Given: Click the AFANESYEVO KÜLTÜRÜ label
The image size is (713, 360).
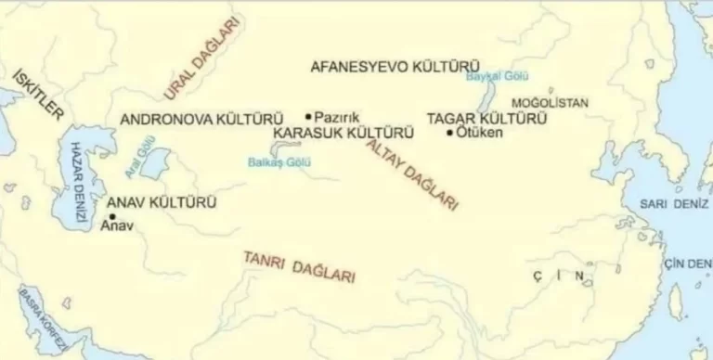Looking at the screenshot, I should pos(394,66).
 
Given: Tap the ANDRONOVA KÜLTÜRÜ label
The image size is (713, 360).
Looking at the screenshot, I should pos(201,120).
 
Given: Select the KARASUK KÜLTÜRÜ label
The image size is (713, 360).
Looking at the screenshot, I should pos(344,134).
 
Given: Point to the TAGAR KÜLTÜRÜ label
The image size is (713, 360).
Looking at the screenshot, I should pos(486,119).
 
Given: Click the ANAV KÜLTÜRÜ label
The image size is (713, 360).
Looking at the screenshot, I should pos(162,201).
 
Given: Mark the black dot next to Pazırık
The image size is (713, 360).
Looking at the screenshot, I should pos(308,117).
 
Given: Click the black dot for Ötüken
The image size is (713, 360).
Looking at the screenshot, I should pos(450,134).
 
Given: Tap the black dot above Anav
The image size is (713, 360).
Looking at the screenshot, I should pos(112,216).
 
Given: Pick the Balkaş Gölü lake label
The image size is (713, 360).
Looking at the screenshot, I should pos(271,161).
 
